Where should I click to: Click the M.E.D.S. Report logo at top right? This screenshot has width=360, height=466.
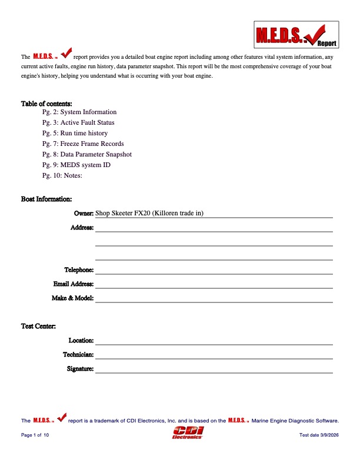[x=297, y=34]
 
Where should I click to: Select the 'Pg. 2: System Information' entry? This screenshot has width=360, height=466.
[x=79, y=112]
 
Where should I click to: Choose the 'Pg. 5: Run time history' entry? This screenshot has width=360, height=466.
[x=75, y=133]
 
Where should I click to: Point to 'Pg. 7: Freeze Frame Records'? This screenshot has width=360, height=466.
[x=83, y=144]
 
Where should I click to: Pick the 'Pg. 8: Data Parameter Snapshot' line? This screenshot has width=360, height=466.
[x=87, y=154]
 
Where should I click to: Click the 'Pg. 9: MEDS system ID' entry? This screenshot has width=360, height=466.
[x=76, y=165]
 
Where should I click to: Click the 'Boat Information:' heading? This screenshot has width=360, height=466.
[x=46, y=199]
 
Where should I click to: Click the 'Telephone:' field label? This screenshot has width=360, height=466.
[x=79, y=269]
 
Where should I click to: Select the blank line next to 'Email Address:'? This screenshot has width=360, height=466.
[x=214, y=284]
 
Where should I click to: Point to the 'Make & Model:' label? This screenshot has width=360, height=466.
[x=73, y=298]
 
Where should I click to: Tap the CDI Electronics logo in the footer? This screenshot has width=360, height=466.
[x=187, y=434]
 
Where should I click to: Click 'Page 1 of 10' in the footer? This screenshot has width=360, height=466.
[x=35, y=434]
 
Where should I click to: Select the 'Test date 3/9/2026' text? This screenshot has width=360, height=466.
[x=319, y=434]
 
